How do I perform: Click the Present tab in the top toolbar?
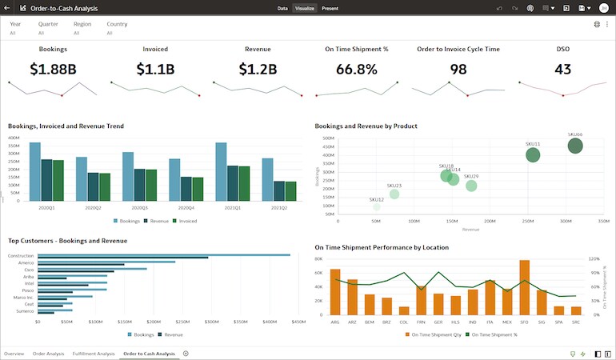pos(330,8)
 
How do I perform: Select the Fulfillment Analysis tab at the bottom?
pos(94,353)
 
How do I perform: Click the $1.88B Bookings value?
pos(53,69)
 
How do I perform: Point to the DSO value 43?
pos(562,69)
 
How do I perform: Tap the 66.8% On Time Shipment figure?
pos(356,69)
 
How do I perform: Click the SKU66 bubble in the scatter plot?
pos(575,146)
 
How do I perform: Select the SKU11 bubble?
pos(533,155)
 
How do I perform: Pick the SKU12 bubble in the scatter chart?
pos(377,206)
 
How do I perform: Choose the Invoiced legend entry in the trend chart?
pos(187,220)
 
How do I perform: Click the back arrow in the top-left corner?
pos(8,8)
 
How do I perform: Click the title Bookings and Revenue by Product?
pos(366,126)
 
